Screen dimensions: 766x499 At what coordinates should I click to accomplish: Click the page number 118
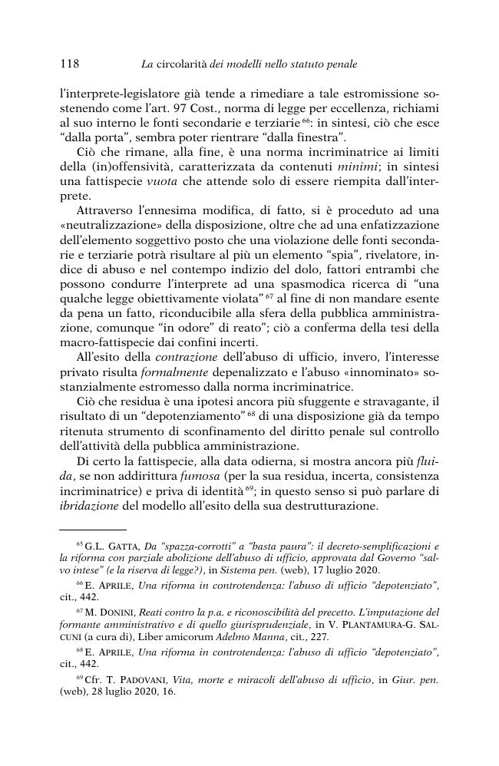pos(69,61)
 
